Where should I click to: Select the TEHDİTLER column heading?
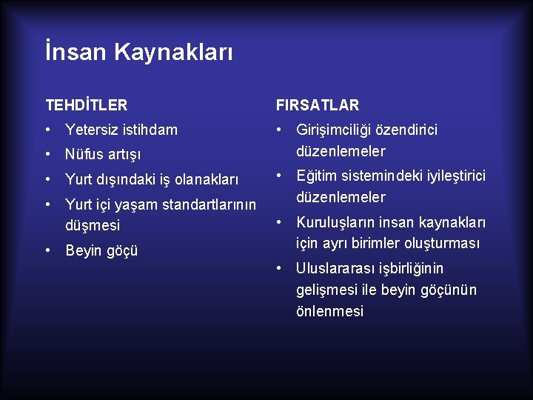click(86, 105)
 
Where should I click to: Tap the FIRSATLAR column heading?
click(317, 105)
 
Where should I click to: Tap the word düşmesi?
click(93, 225)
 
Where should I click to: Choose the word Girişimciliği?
click(338, 130)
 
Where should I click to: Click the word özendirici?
click(411, 130)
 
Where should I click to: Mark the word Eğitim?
click(317, 176)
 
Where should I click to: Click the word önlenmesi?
click(329, 311)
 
